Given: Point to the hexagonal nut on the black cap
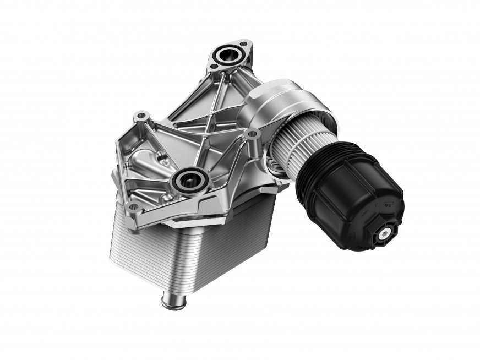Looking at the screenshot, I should coord(381,233).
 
